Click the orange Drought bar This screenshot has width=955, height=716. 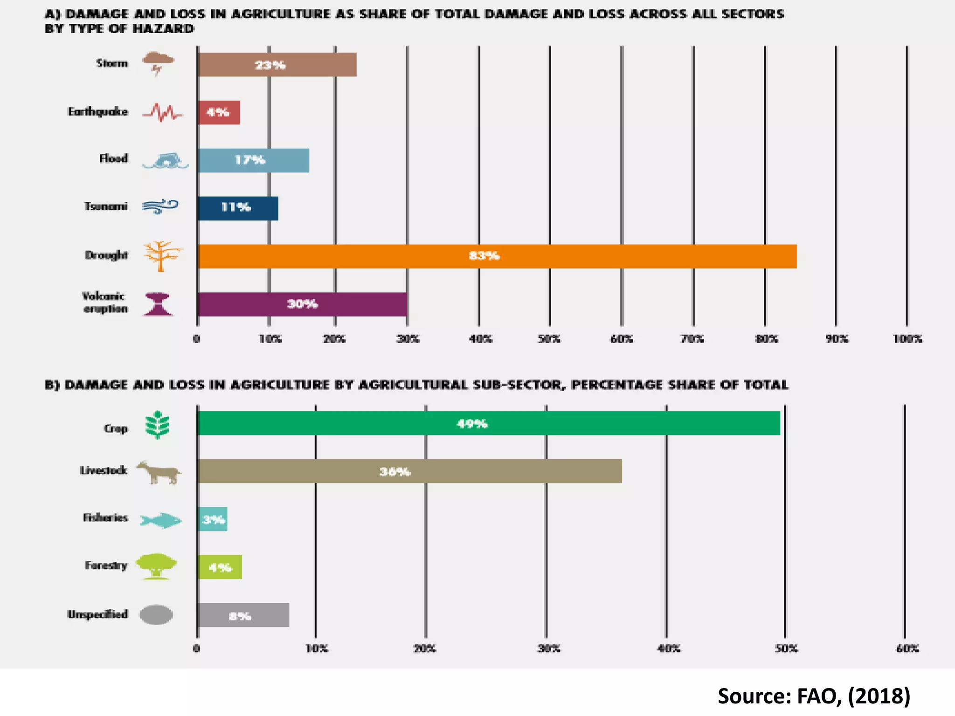497,256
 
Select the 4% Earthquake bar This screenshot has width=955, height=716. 219,112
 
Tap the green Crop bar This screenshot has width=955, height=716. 488,423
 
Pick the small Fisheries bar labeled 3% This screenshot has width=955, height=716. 213,519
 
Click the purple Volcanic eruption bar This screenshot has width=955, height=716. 302,304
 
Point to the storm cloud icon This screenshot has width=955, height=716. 158,63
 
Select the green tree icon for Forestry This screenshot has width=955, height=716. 156,565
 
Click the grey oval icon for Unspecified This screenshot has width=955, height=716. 156,614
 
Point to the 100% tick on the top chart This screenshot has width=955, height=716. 907,339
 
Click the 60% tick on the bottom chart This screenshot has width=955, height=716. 907,648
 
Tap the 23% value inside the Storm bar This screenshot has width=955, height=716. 270,65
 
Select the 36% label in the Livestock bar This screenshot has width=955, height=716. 395,472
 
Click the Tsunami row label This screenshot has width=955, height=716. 106,206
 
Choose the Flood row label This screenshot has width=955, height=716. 113,158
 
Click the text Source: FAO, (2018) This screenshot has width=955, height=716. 814,696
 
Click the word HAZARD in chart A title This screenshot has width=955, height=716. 163,29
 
